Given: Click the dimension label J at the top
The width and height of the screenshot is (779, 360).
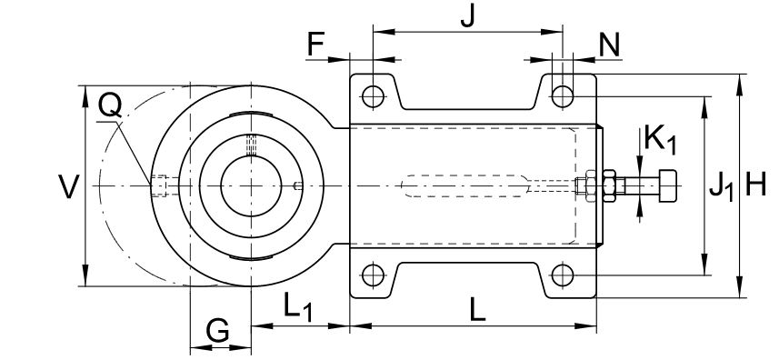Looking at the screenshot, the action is pos(467,16).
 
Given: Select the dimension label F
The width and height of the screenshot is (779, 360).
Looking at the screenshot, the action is pos(315,45).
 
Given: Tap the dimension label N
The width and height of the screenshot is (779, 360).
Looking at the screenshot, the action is pos(609,45).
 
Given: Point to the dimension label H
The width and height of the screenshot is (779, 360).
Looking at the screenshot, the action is pos(755,185).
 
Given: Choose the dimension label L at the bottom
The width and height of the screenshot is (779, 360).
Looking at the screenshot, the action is pos(477,311).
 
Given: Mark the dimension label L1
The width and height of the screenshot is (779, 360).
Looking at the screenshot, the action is pos(298,307).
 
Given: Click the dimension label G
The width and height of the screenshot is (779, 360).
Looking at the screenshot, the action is pos(217,331).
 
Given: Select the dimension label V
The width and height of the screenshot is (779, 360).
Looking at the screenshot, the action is pos(68,186).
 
